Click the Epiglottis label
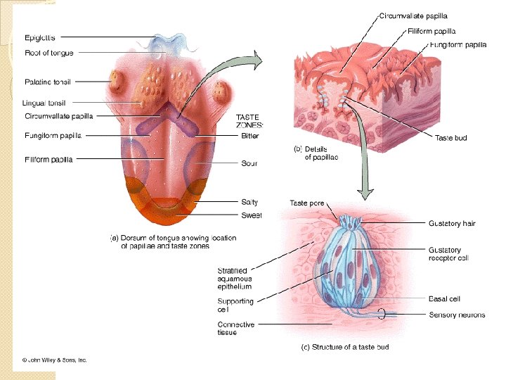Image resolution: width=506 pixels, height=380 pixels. point(41,37)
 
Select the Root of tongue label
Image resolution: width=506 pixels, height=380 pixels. point(48,53)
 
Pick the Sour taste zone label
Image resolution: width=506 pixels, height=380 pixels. point(249,163)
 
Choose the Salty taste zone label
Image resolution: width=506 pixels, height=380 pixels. point(249,203)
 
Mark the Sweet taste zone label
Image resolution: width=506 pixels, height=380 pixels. point(251,215)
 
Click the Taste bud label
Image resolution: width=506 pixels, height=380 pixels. point(450,139)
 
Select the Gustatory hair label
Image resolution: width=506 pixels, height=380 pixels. point(452,224)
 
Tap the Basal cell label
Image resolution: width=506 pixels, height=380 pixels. point(444,299)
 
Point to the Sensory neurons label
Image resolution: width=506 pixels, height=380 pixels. point(457,315)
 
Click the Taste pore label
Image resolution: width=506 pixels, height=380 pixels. point(307,203)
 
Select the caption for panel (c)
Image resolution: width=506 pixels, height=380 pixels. point(345,347)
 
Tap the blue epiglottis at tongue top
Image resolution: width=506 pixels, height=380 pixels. point(169,41)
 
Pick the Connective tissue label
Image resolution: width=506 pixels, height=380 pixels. point(236,329)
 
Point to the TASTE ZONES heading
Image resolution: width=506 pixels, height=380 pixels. point(249,121)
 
